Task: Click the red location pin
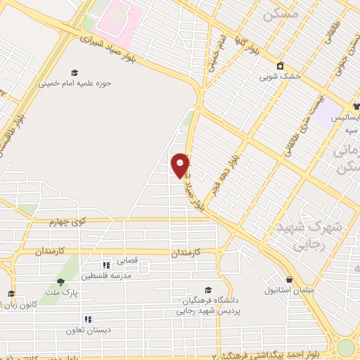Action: click(x=180, y=165)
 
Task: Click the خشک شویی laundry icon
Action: click(x=281, y=65)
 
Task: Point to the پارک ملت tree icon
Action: click(x=60, y=282)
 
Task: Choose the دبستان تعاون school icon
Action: click(x=88, y=319)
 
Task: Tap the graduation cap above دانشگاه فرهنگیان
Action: click(x=207, y=290)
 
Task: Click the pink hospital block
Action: click(x=117, y=18)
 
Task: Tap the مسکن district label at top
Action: click(x=276, y=14)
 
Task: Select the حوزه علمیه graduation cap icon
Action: click(x=74, y=72)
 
